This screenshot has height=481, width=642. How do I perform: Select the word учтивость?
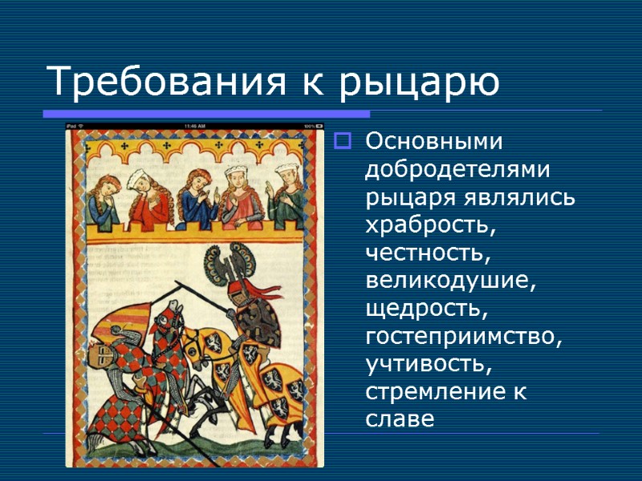point(426,366)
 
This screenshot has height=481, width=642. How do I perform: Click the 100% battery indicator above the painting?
point(311,127)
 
